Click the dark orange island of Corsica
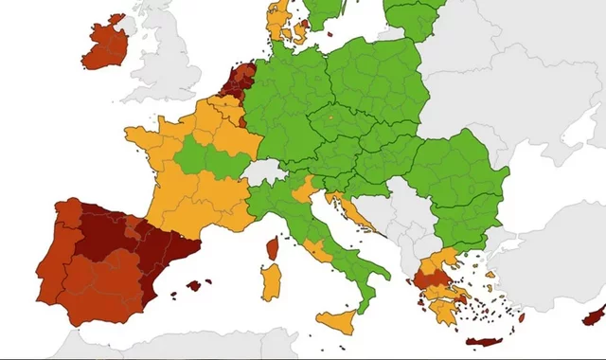(273, 249)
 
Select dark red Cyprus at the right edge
(595, 315)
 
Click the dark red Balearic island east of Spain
(197, 284)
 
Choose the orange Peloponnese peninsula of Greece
(441, 309)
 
